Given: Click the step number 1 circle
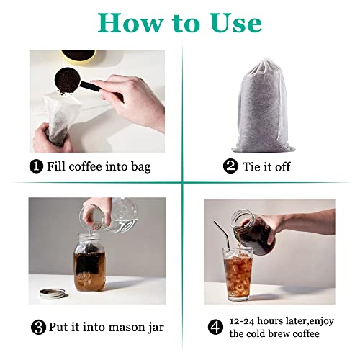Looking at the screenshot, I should click(x=36, y=167).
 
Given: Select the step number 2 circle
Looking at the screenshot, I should click(x=230, y=167).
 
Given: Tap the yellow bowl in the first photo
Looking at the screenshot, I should click(x=78, y=55).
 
